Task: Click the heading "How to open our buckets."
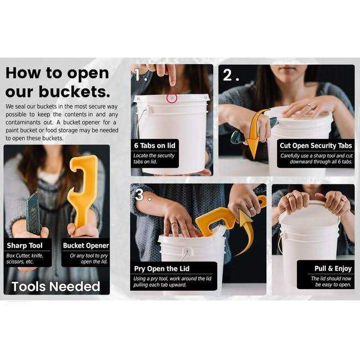coord(58,82)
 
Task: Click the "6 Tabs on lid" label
coord(155,146)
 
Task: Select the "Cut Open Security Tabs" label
coord(316,146)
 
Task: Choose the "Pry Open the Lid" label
coord(162,269)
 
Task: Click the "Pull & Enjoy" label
coord(333,269)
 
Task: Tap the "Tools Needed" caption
coord(56,286)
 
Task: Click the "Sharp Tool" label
coord(24,245)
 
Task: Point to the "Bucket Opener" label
coord(86,245)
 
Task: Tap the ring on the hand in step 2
coord(310,106)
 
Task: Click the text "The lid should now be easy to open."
coord(331,281)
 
